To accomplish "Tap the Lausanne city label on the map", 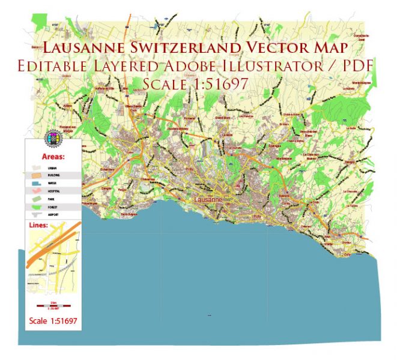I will tap(209, 199).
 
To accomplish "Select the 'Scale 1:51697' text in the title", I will tap(195, 85).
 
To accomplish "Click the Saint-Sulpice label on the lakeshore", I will tap(129, 213).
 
